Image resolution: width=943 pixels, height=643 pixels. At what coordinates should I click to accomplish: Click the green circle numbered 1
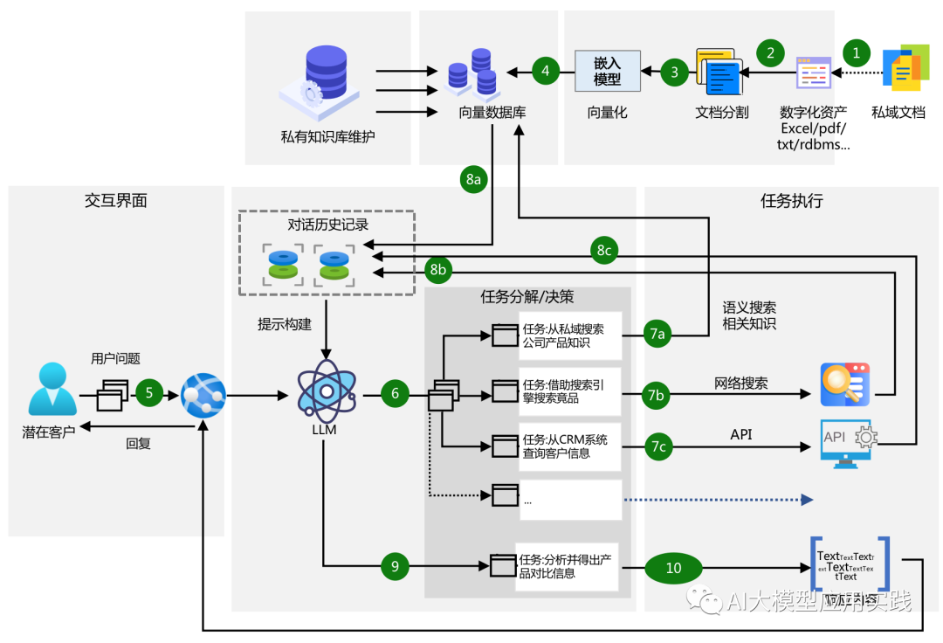coord(856,52)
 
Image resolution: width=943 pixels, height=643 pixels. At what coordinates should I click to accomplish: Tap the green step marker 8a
coord(473,179)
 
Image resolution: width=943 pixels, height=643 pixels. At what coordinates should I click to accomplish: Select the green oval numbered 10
coord(673,568)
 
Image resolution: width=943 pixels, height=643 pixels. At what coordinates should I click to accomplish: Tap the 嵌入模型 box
coord(607,71)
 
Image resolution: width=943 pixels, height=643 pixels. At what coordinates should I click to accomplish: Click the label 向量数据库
coord(492,113)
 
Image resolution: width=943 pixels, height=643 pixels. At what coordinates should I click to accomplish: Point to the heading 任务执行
coord(791,201)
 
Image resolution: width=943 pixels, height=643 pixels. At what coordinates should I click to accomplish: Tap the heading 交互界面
coord(115,201)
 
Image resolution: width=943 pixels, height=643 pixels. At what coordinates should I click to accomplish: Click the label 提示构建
coord(284,324)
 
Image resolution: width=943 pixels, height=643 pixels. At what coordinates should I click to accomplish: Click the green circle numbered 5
coord(149,393)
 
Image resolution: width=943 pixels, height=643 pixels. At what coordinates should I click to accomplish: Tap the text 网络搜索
coord(740,383)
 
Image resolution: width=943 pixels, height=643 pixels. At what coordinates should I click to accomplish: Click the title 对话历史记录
coord(327,225)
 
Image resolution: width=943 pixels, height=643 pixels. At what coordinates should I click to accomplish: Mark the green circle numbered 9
coord(395,566)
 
